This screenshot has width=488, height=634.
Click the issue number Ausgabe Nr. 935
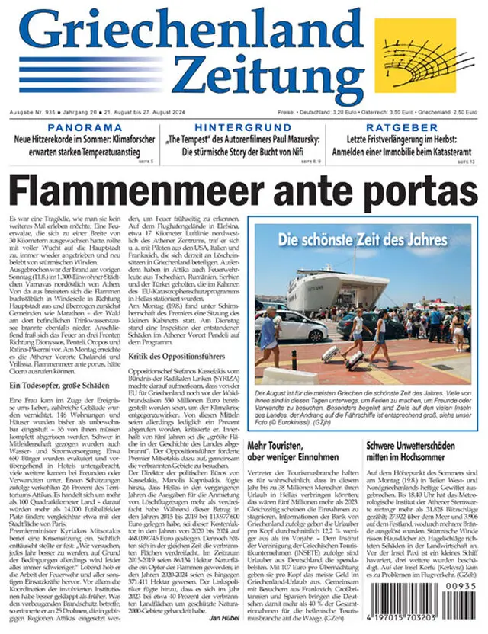(30, 110)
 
